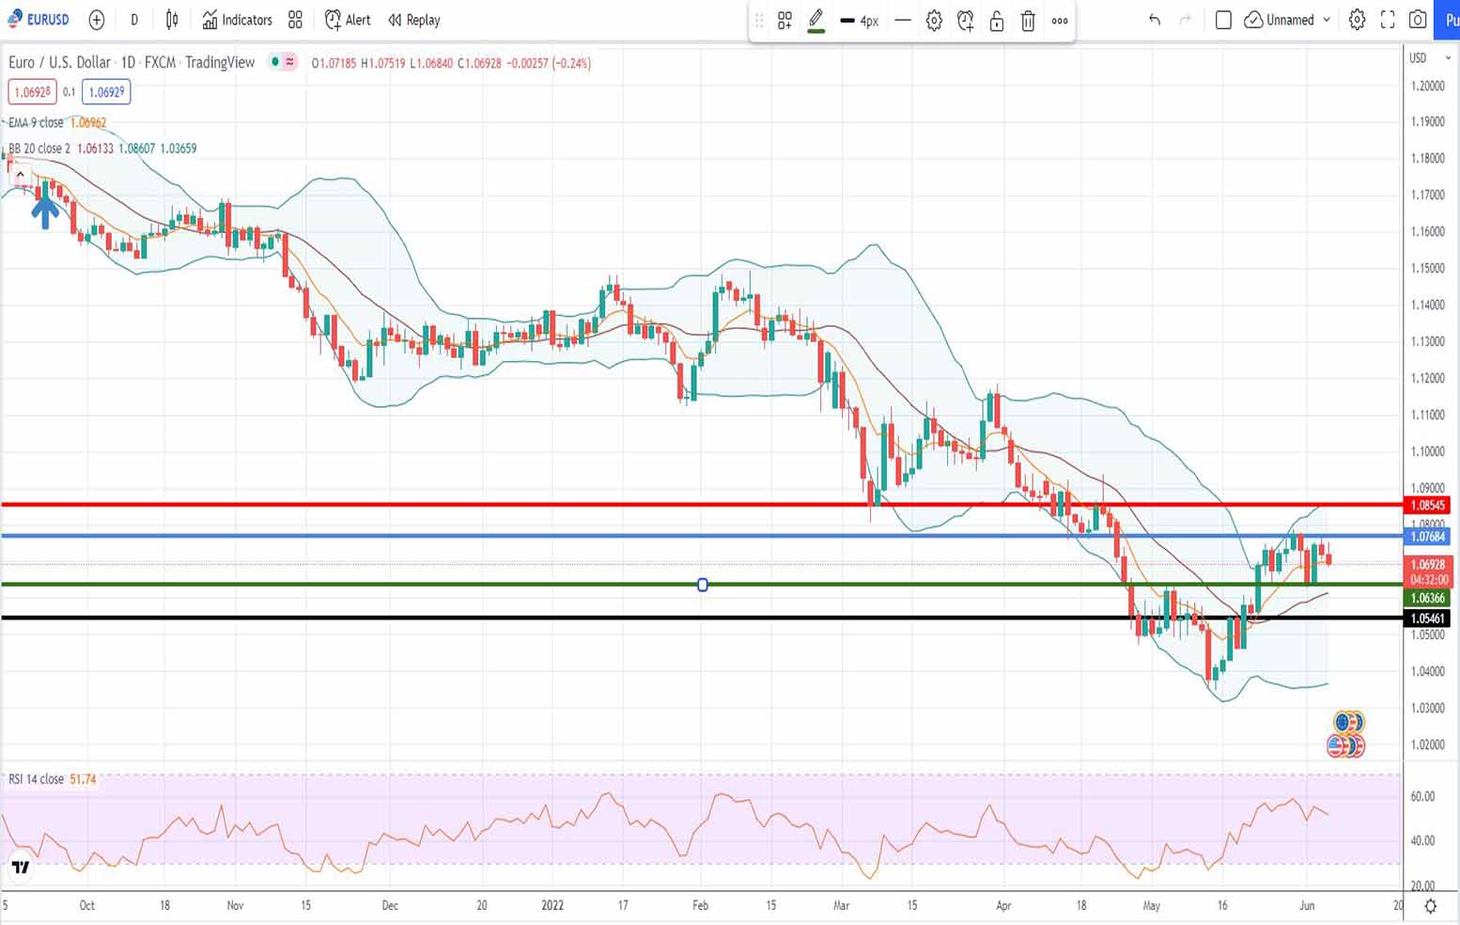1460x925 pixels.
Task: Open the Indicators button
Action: coord(238,20)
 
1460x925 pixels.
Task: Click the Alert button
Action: coord(348,20)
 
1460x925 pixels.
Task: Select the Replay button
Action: coord(414,20)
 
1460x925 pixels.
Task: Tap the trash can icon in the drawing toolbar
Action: coord(1028,21)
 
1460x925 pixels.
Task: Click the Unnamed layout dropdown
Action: coord(1288,20)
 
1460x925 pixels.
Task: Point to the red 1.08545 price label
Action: coord(1427,506)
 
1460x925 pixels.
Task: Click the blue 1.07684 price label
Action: coord(1427,537)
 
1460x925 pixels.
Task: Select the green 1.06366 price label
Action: coord(1427,598)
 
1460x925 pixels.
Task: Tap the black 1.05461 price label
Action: coord(1427,619)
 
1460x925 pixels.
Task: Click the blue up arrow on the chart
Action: coord(45,210)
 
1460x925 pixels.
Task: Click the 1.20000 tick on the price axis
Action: coord(1427,86)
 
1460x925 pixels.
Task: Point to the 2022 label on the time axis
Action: coord(552,905)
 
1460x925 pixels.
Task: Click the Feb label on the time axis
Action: coord(700,905)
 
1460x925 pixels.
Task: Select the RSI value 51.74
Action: coord(83,779)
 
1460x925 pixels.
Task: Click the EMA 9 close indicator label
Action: coord(36,122)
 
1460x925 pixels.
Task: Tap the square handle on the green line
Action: coord(703,585)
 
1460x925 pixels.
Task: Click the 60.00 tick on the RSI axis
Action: coord(1422,796)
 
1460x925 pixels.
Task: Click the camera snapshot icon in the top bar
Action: coord(1418,20)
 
